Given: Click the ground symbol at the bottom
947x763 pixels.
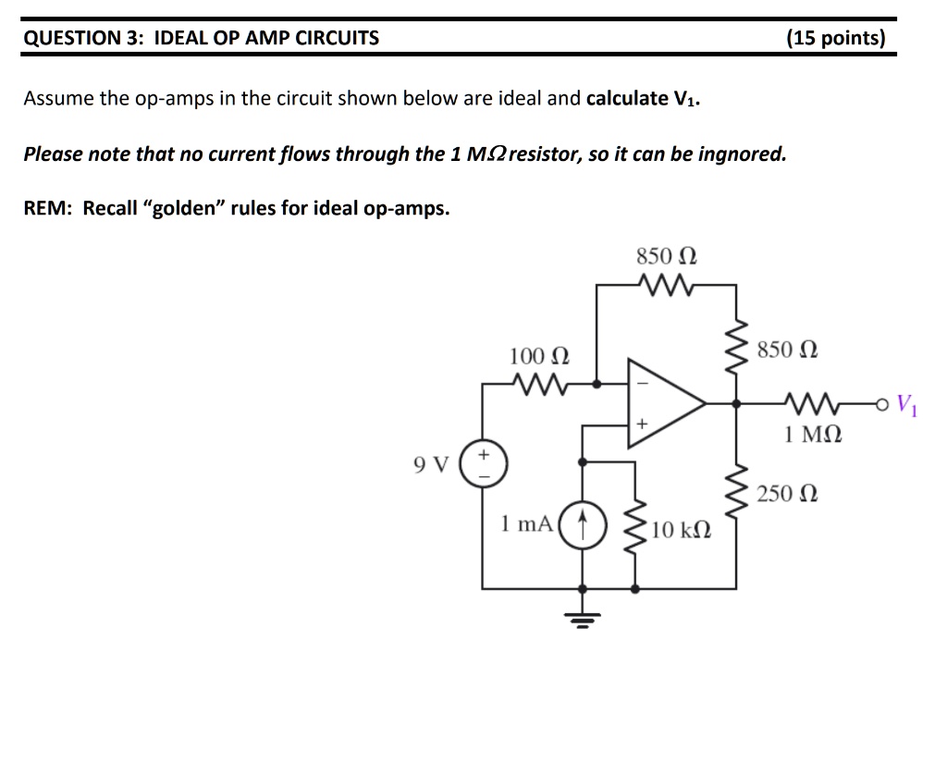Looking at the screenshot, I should click(x=582, y=615).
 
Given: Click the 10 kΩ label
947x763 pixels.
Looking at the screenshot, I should click(x=681, y=530).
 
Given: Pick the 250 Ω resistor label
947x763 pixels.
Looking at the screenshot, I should click(x=787, y=494).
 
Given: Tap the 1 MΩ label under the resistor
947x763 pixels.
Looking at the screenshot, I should click(x=813, y=433).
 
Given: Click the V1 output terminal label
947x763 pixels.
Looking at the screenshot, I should click(x=908, y=404).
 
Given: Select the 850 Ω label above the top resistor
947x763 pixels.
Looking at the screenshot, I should click(x=666, y=255).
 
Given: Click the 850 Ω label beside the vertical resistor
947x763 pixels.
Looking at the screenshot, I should click(x=787, y=350).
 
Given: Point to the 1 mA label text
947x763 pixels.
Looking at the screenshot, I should click(x=526, y=523).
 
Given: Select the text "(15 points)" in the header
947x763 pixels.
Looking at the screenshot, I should click(x=835, y=38).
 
